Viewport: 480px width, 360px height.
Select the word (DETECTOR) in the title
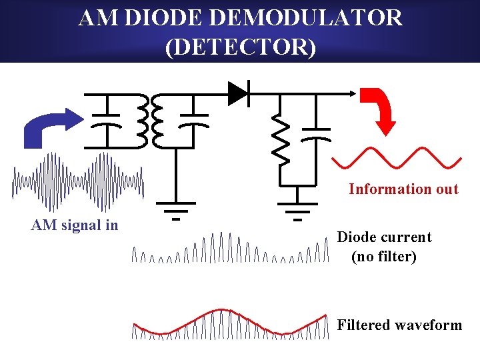240,48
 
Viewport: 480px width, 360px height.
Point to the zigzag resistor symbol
281,140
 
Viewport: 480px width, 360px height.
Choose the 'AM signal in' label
75,225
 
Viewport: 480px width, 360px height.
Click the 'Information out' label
403,189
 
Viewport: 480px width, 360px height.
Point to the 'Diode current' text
384,237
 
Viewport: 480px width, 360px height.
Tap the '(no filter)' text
384,257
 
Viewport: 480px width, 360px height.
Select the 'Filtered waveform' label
399,325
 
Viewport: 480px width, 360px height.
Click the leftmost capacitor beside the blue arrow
105,120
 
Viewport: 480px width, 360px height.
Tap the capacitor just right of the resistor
317,133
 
